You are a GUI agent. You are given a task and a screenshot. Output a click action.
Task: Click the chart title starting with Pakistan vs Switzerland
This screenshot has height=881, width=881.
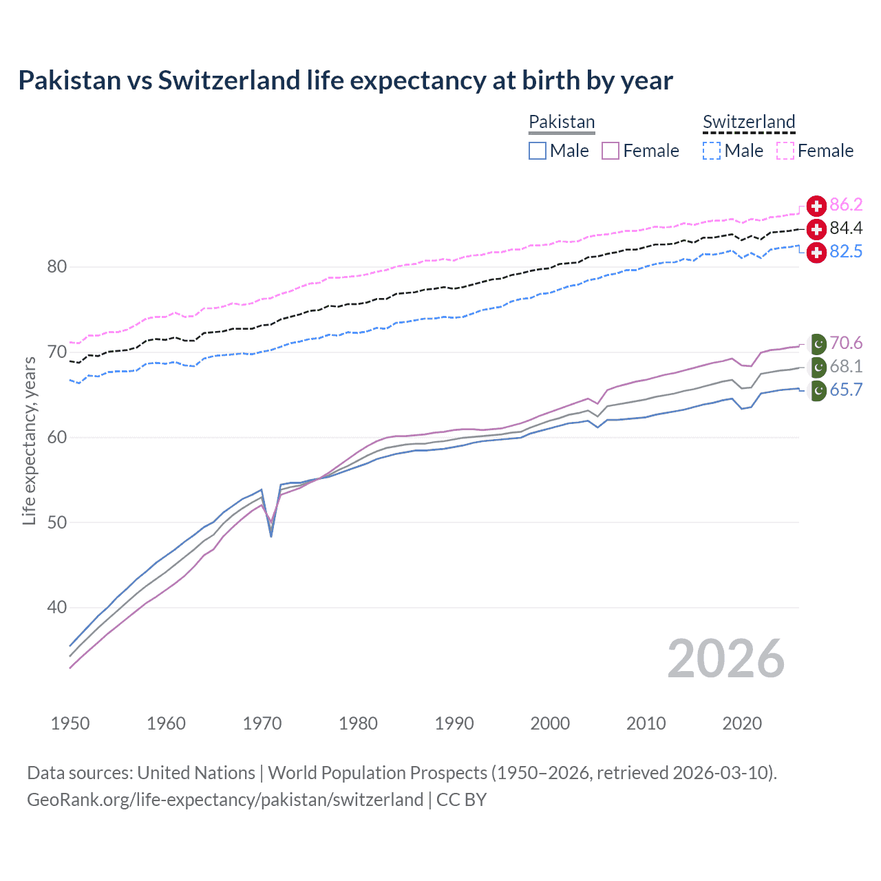point(345,81)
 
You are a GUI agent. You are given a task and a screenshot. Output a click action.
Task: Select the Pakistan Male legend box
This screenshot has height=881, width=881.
point(538,151)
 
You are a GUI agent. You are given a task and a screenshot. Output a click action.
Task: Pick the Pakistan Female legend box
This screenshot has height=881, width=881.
point(611,151)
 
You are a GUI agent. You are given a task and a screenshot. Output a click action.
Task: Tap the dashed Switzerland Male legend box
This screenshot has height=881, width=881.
point(712,151)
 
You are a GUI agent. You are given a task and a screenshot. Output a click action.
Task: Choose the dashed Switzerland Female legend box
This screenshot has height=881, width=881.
point(785,151)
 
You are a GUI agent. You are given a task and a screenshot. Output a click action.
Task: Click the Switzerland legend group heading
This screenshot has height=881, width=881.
point(749,123)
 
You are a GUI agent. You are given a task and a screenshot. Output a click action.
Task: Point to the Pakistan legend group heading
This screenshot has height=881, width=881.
point(562,123)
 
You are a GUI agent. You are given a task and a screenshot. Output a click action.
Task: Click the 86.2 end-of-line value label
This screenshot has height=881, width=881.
point(846,205)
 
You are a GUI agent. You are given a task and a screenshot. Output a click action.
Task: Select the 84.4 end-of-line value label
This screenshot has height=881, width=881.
point(846,229)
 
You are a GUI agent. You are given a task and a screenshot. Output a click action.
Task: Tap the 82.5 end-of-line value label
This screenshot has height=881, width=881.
point(846,252)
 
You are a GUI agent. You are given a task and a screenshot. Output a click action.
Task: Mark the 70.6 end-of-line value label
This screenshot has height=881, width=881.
point(846,343)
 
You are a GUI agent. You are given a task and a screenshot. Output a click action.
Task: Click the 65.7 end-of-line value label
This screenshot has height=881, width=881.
point(846,390)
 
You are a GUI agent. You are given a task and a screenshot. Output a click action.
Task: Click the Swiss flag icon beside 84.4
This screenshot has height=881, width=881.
point(816,229)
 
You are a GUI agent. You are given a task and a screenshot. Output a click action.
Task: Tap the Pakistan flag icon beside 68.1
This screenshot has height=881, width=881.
point(817,367)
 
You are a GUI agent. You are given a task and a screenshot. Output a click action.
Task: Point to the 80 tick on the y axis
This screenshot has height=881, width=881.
point(56,267)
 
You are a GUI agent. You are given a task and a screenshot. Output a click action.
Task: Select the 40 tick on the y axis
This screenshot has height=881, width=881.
point(56,608)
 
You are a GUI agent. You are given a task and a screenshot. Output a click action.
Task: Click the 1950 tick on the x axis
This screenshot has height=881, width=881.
point(70,723)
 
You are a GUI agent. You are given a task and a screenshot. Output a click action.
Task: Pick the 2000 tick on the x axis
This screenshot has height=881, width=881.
point(550,723)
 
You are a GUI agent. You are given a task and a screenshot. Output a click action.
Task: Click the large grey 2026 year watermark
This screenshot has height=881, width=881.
point(725,659)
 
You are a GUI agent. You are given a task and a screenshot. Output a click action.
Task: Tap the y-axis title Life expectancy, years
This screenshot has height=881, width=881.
point(29,440)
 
